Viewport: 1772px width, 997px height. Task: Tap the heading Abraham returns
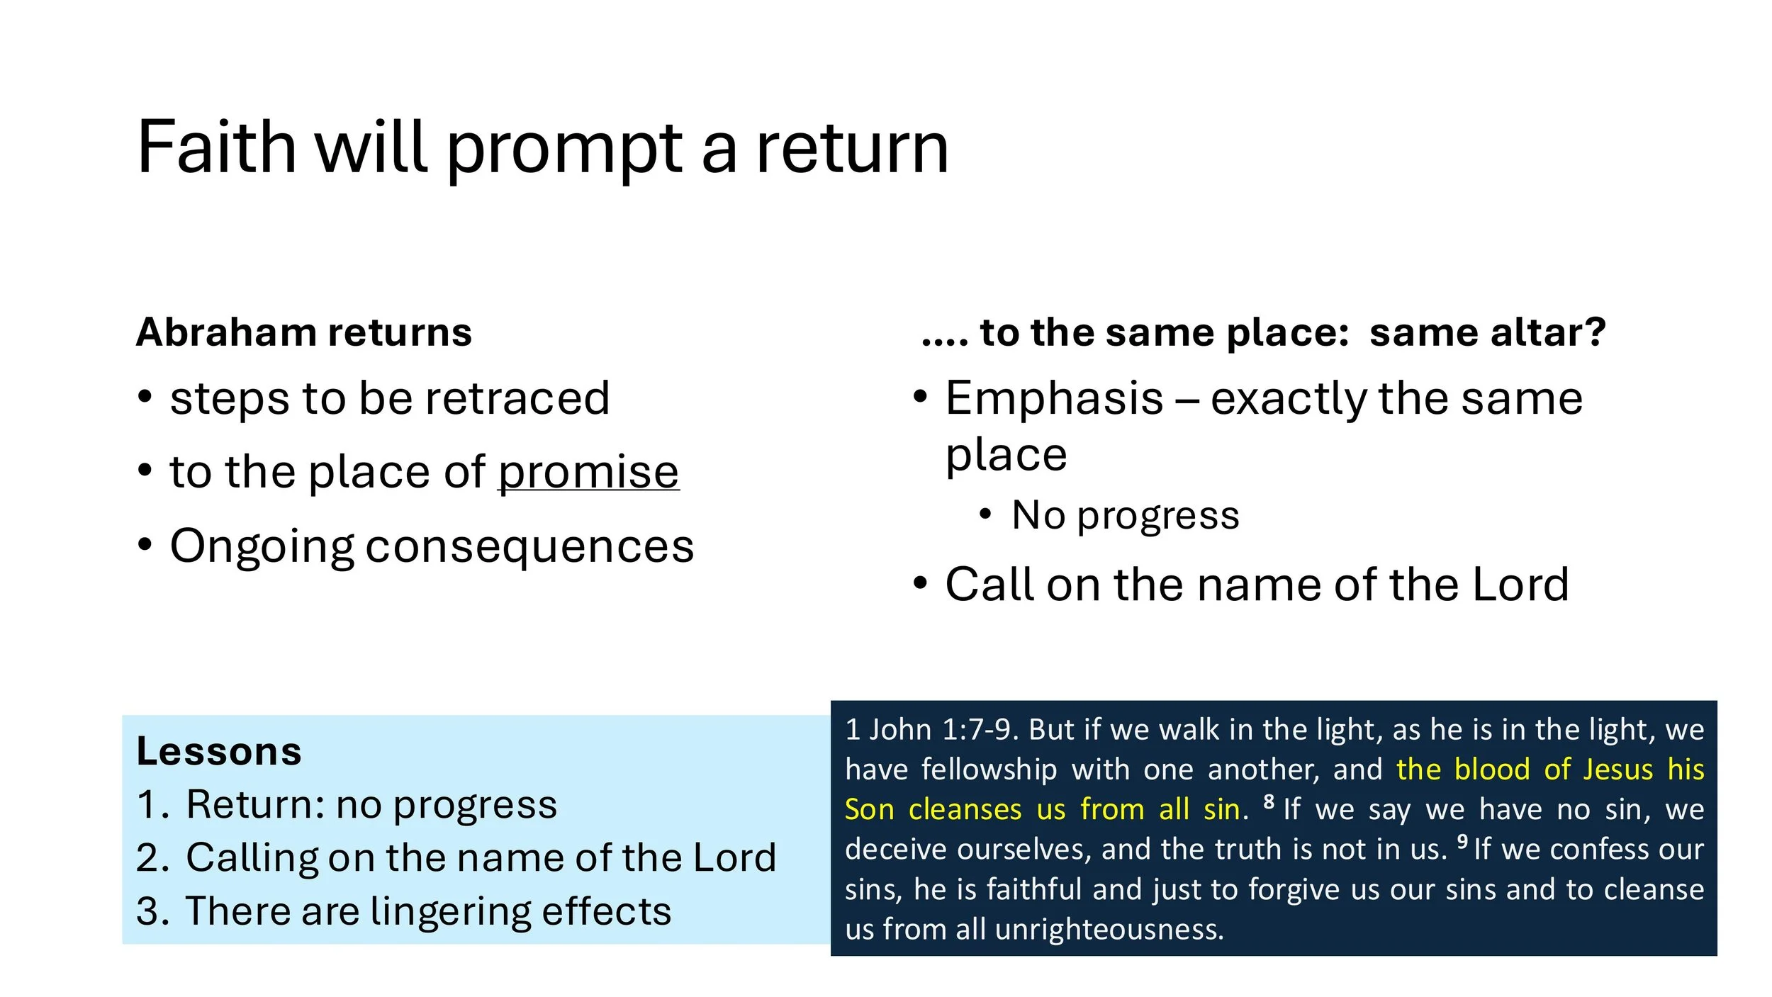pyautogui.click(x=303, y=332)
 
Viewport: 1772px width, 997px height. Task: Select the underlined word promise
pyautogui.click(x=588, y=472)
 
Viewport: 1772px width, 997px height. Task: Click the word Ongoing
pyautogui.click(x=262, y=547)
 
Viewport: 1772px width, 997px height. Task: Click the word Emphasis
pyautogui.click(x=1054, y=398)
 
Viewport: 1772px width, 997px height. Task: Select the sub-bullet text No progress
pyautogui.click(x=1125, y=515)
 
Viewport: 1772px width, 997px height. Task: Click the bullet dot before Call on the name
pyautogui.click(x=920, y=583)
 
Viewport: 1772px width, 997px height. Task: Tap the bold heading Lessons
pyautogui.click(x=219, y=751)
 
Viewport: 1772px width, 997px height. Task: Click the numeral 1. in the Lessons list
pyautogui.click(x=152, y=805)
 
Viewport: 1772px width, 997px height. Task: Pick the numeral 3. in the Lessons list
pyautogui.click(x=152, y=911)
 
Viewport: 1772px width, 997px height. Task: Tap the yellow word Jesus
pyautogui.click(x=1617, y=770)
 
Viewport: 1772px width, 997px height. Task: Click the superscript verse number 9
pyautogui.click(x=1462, y=841)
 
